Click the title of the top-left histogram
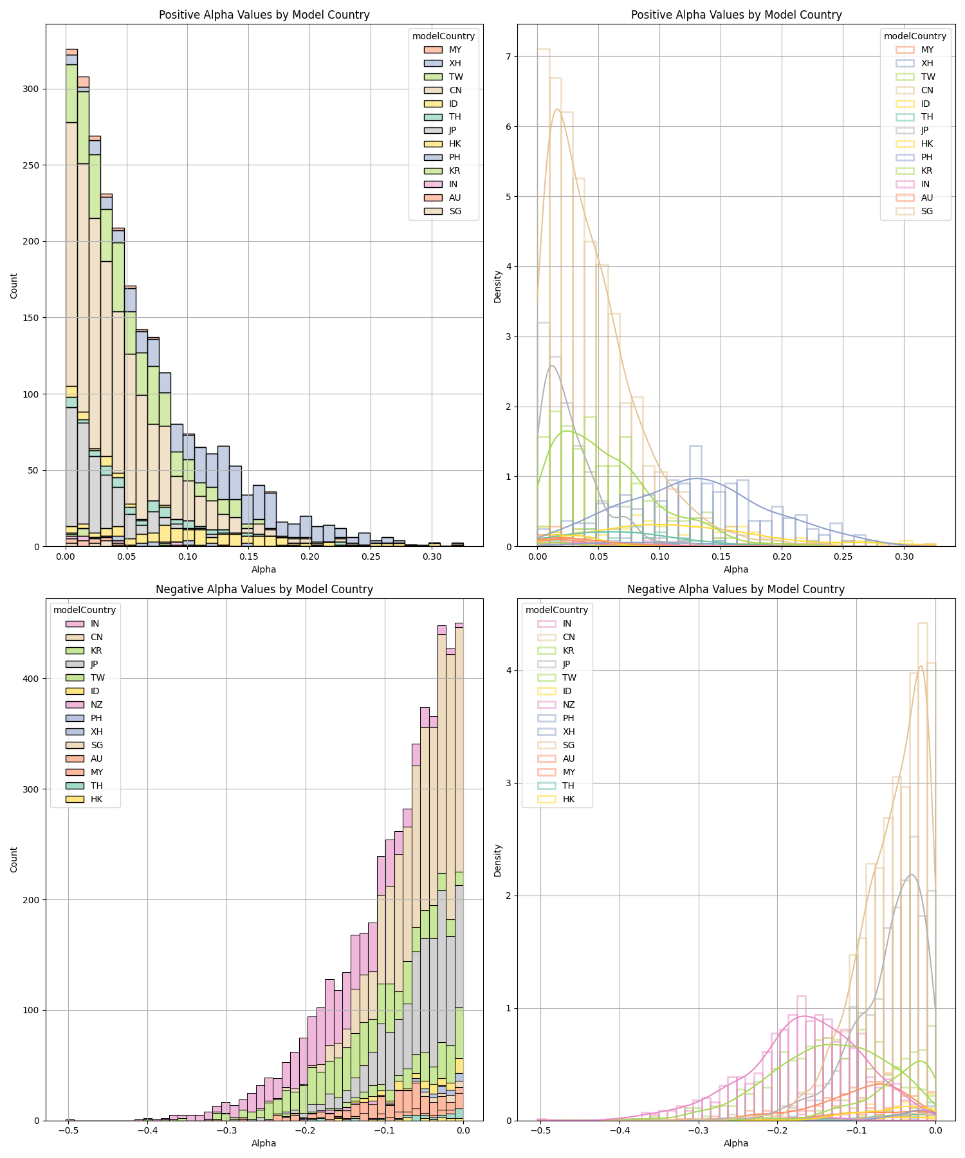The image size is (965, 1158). [264, 15]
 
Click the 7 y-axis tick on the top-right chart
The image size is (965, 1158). [507, 57]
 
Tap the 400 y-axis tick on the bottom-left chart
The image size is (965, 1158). [30, 678]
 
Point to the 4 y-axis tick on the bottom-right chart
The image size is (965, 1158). [507, 670]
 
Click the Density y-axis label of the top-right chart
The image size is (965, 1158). [497, 286]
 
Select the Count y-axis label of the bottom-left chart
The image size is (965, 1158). [14, 859]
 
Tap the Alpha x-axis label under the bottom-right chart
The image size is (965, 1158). [735, 1143]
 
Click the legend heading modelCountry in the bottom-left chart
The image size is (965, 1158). [84, 610]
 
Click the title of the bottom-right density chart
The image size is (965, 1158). [735, 589]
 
